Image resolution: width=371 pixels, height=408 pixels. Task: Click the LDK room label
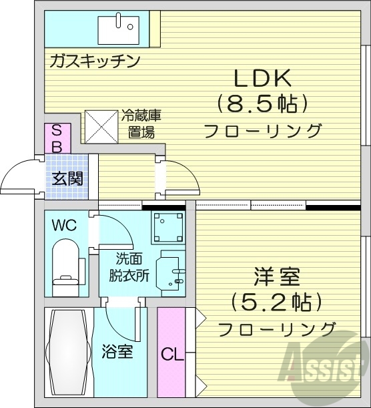click(262, 78)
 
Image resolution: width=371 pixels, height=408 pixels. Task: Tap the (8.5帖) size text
click(262, 104)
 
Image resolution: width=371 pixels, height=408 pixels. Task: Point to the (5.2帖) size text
click(276, 302)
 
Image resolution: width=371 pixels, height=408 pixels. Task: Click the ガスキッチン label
click(94, 62)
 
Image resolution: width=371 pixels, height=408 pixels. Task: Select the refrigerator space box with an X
click(101, 126)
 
